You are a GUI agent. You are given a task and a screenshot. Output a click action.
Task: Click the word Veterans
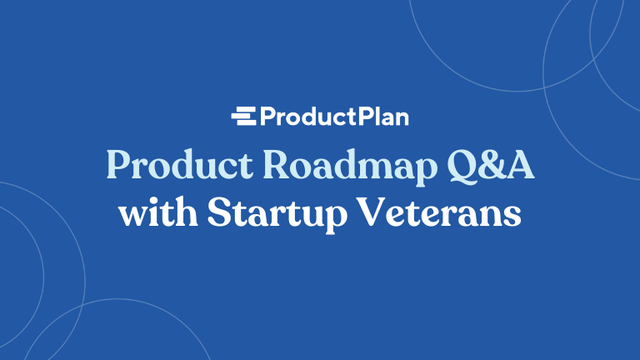[446, 212]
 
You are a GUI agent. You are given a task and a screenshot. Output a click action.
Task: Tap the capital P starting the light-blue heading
[117, 165]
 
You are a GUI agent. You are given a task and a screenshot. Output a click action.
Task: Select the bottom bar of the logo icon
[244, 122]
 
